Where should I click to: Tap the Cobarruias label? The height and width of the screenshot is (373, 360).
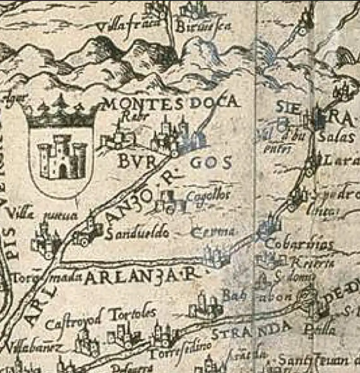point(299,244)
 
